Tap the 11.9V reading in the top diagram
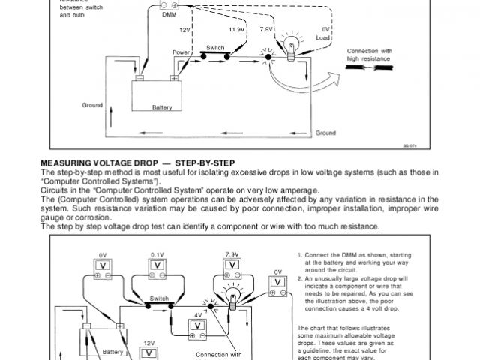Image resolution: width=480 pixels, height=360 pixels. point(236,30)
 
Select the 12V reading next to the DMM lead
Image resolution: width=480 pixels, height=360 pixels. point(185,30)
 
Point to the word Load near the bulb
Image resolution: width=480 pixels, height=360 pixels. point(324,37)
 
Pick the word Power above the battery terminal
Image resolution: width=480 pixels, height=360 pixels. point(181,52)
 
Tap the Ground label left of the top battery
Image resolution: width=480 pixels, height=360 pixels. point(92,104)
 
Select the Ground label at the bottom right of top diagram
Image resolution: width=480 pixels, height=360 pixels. point(325,133)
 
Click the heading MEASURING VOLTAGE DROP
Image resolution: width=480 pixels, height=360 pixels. point(98,163)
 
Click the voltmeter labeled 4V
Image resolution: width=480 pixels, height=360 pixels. point(197,325)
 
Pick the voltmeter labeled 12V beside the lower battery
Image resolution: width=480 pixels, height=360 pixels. point(150,351)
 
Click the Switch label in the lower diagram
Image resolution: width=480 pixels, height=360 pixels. point(159,298)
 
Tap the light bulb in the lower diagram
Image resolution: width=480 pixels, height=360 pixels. point(232,298)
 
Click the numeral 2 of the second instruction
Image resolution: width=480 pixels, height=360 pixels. point(299,278)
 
